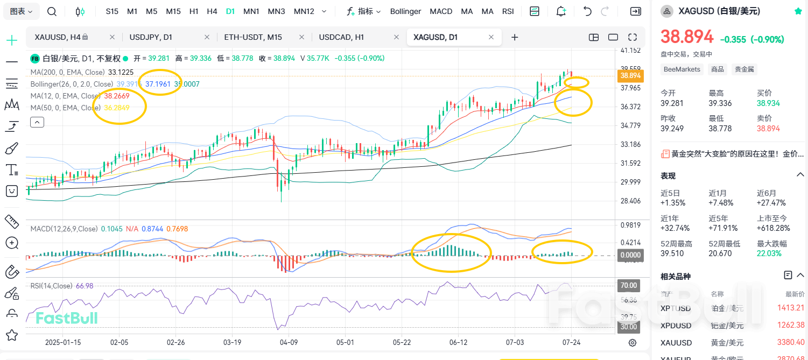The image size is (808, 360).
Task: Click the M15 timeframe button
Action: (x=173, y=11)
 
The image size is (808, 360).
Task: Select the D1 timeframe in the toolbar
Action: (x=230, y=11)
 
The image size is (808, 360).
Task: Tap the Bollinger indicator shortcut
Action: (x=406, y=11)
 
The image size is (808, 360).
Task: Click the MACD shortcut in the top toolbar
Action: (x=441, y=11)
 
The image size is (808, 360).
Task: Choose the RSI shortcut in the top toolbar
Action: (x=508, y=11)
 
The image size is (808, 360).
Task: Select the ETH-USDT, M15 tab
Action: (x=253, y=37)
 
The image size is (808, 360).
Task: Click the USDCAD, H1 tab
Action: (x=341, y=37)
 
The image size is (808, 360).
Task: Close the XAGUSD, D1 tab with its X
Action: (x=491, y=37)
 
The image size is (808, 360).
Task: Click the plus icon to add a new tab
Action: (x=515, y=37)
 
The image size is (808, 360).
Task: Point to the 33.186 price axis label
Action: (x=630, y=144)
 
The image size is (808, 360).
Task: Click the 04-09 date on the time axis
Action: (x=289, y=342)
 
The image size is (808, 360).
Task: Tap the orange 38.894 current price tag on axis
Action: (x=630, y=76)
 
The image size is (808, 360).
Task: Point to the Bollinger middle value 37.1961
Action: (x=158, y=84)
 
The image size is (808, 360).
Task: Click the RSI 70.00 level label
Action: (x=629, y=285)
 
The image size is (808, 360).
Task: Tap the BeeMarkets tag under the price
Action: (x=682, y=69)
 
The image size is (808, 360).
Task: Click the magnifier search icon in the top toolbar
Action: (x=52, y=11)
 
